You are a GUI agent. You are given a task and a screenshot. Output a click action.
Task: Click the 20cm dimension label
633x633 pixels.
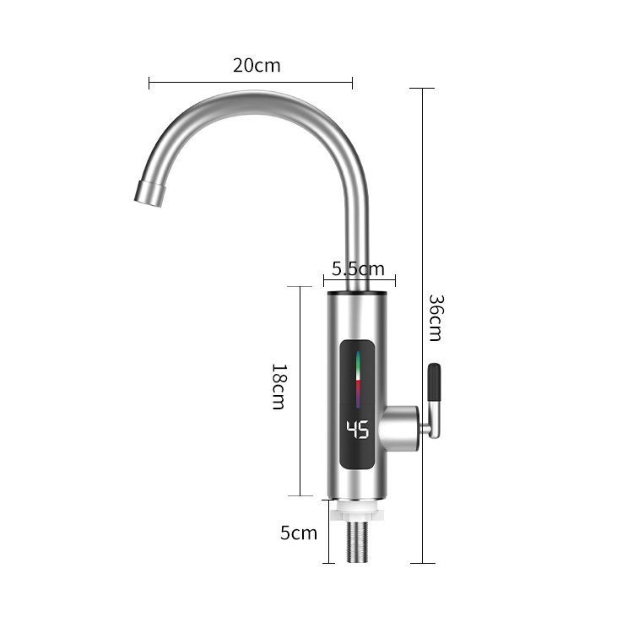click(x=257, y=65)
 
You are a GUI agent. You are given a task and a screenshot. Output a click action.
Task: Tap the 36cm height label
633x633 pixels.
click(x=436, y=317)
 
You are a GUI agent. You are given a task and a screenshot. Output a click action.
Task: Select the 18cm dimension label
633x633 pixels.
click(x=279, y=387)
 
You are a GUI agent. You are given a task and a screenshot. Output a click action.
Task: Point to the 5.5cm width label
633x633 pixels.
click(x=358, y=269)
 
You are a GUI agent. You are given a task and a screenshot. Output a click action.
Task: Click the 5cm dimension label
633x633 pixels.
click(x=299, y=533)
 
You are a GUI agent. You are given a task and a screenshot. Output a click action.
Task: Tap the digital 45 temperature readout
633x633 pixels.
click(x=358, y=429)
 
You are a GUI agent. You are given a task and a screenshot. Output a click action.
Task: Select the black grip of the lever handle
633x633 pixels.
click(x=434, y=381)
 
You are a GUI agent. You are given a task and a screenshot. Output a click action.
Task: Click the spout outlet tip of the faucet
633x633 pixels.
click(x=149, y=194)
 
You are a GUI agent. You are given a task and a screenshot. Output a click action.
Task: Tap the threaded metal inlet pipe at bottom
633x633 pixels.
click(x=357, y=542)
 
